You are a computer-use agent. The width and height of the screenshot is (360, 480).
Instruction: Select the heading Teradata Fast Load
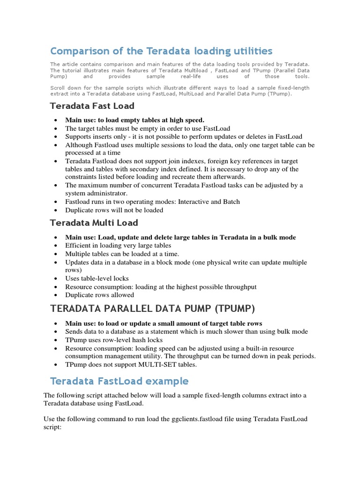click(x=92, y=106)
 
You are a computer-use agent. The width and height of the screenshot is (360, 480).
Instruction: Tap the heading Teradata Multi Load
click(x=94, y=223)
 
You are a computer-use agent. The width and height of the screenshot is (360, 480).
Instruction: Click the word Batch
click(x=230, y=202)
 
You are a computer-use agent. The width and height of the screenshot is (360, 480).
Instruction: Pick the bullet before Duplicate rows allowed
click(x=56, y=295)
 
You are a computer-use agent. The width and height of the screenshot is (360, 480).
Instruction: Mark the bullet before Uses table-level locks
click(x=56, y=278)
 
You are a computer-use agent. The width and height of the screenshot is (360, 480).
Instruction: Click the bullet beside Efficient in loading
click(x=56, y=246)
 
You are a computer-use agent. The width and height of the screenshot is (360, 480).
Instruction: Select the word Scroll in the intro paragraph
click(x=58, y=88)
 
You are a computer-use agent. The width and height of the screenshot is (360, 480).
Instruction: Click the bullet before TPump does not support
click(x=56, y=364)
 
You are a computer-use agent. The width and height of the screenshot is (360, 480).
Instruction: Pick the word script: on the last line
click(x=52, y=427)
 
